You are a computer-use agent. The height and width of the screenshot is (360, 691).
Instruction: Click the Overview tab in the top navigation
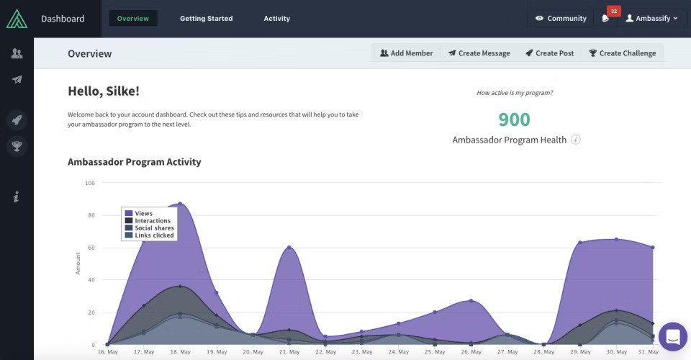click(132, 18)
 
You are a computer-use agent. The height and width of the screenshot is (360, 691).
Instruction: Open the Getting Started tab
click(206, 18)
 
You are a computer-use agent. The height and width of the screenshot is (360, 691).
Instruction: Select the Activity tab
click(277, 18)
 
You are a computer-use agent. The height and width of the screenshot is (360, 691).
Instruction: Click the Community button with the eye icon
click(561, 18)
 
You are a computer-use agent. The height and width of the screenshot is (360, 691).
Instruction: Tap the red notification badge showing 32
click(613, 11)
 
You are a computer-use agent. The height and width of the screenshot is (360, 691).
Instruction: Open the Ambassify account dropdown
click(651, 18)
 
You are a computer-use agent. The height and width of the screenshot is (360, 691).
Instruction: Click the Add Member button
click(407, 53)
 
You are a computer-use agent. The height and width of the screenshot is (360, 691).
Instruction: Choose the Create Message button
click(479, 53)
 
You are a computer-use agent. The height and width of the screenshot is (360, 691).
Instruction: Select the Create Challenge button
click(622, 53)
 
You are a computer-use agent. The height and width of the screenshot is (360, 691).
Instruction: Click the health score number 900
click(514, 120)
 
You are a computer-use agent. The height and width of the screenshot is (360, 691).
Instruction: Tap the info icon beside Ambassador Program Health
click(576, 140)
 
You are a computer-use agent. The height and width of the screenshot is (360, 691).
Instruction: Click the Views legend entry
click(143, 213)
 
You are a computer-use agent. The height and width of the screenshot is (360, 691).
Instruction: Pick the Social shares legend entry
click(153, 228)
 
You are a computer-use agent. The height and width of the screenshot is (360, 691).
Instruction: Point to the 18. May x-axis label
click(180, 352)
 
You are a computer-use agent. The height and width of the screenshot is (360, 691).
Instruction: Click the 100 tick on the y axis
click(90, 183)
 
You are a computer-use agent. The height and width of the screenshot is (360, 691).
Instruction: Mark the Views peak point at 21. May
click(289, 247)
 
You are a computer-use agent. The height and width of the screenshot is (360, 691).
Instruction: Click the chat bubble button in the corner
click(673, 336)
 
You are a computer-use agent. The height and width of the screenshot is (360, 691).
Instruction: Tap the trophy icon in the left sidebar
click(17, 147)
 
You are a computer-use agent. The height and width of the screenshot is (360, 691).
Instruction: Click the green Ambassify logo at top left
click(17, 19)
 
